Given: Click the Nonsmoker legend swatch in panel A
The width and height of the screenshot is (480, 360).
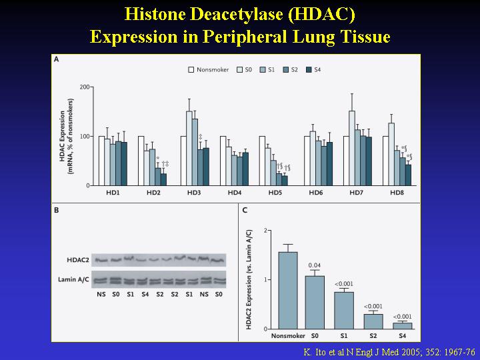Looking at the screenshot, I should pyautogui.click(x=191, y=69).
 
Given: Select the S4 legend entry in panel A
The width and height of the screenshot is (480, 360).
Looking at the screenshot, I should pyautogui.click(x=313, y=69).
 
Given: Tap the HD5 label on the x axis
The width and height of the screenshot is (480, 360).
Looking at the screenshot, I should pyautogui.click(x=275, y=193).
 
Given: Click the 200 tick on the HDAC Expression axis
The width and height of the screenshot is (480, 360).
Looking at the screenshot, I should pyautogui.click(x=85, y=87).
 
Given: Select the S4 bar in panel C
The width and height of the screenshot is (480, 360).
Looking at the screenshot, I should pyautogui.click(x=402, y=325).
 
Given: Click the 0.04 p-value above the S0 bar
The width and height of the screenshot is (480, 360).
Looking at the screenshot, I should pyautogui.click(x=315, y=266).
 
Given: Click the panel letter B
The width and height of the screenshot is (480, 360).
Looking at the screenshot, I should pyautogui.click(x=57, y=211).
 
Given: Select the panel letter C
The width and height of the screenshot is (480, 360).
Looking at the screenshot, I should pyautogui.click(x=245, y=211).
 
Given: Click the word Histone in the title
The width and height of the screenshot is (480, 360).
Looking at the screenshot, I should pyautogui.click(x=145, y=15).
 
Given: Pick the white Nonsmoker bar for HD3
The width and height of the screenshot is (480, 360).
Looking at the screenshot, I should pyautogui.click(x=183, y=161).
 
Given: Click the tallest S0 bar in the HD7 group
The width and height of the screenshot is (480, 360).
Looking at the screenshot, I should pyautogui.click(x=352, y=148).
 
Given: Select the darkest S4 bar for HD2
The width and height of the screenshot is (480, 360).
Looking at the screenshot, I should pyautogui.click(x=163, y=179).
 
